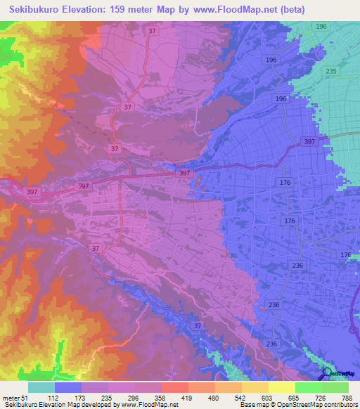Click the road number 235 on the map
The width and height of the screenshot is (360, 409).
(331, 72)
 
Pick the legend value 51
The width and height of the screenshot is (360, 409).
(26, 398)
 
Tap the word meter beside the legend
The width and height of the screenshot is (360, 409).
(11, 398)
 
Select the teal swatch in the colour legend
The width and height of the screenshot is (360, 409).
(41, 387)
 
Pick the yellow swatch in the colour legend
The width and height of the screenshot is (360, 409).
(282, 387)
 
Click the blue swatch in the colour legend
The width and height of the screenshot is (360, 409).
(68, 387)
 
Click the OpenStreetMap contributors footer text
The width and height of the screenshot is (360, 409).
(316, 405)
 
